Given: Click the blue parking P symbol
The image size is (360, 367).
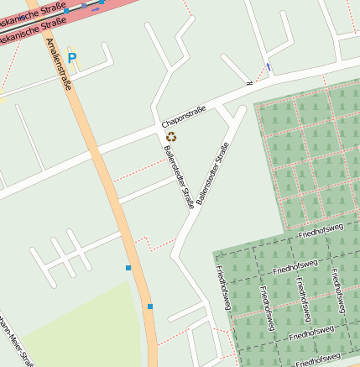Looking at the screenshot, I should pos(71,58).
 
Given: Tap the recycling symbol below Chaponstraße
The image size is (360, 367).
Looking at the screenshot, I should pos(171,136).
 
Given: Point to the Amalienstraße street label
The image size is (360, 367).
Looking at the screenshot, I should pos(60,63).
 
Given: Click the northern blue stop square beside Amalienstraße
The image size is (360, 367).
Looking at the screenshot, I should pos(128,267).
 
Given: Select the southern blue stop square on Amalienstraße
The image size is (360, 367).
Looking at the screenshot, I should pos(150,307).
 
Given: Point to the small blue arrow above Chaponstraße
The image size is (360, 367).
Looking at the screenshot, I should pos(269,66).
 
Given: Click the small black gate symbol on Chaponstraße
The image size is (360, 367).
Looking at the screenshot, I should pos(248,83).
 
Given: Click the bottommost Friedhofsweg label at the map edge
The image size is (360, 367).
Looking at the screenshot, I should pos(318,359).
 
